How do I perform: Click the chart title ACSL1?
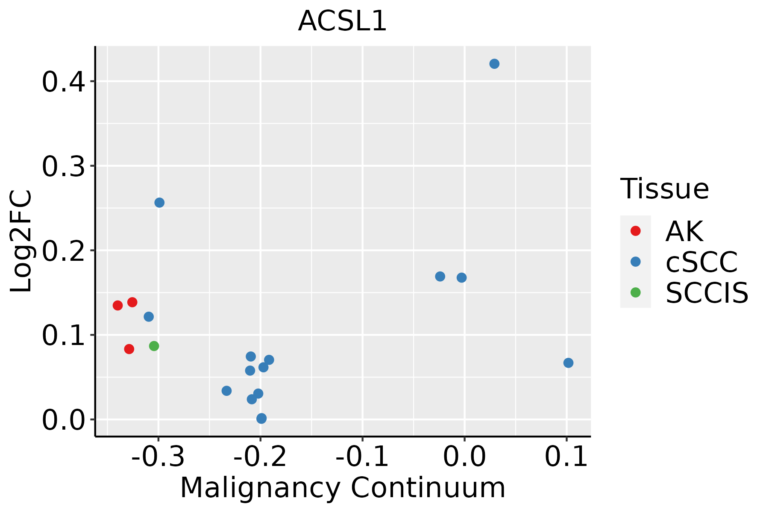(342, 21)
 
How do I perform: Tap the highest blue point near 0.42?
(494, 64)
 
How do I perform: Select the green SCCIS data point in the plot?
(154, 346)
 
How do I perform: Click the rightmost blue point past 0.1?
(568, 363)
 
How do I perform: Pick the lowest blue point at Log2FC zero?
(261, 419)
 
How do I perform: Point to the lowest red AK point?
(129, 349)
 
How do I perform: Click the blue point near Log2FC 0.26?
(159, 203)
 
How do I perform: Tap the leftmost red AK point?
(118, 305)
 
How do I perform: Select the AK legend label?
(684, 232)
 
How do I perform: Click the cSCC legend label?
(701, 262)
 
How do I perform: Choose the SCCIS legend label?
(707, 293)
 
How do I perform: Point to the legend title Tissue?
(664, 189)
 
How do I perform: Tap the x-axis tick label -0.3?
(158, 457)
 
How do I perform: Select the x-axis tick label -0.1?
(362, 457)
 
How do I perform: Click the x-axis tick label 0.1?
(566, 457)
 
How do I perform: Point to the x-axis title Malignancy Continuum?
(343, 488)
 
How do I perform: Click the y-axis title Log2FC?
(21, 242)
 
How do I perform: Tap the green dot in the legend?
(635, 292)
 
